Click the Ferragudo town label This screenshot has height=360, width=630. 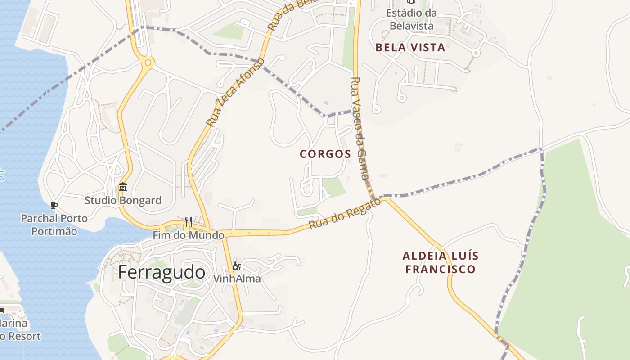tap(162, 273)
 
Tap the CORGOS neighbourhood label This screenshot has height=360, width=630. tap(325, 154)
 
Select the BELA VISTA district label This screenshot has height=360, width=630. tap(410, 48)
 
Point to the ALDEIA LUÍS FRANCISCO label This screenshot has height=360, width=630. tap(440, 262)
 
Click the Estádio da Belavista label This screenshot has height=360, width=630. tap(411, 19)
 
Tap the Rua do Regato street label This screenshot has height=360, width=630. tap(345, 215)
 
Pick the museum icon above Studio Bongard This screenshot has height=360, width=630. tap(123, 187)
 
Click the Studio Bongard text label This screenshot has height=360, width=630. tap(123, 200)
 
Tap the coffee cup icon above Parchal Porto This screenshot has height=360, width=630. tap(54, 206)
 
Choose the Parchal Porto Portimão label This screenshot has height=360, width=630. tap(54, 225)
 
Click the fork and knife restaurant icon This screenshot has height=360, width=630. tap(189, 221)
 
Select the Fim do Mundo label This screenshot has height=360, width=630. tap(189, 235)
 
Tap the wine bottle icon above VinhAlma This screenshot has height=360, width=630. tap(237, 266)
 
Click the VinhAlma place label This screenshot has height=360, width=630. tap(237, 279)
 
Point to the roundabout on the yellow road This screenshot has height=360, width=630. tap(147, 62)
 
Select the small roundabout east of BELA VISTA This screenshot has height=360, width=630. tap(476, 53)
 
